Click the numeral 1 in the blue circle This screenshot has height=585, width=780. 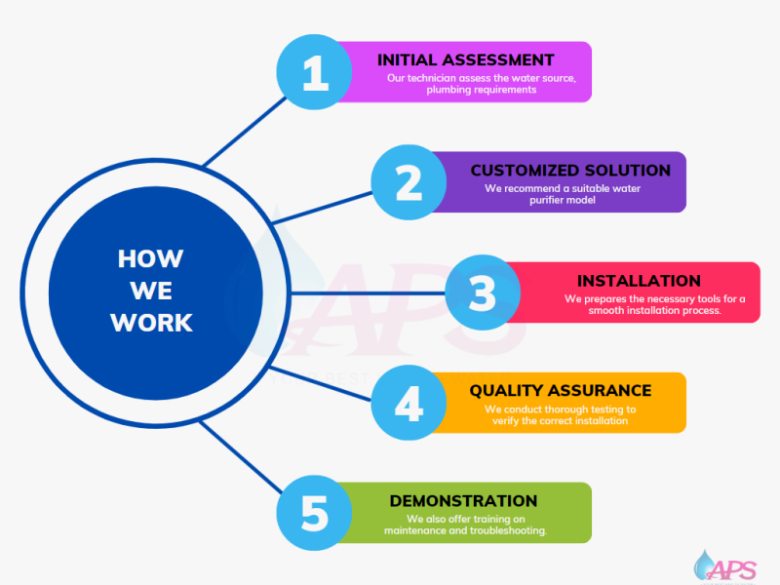click(315, 72)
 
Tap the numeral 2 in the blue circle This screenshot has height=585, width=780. click(409, 183)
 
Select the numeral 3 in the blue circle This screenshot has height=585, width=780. click(483, 293)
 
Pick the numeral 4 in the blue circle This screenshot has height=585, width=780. click(409, 404)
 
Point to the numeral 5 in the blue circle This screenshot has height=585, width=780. click(314, 514)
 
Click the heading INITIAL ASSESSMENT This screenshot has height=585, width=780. click(466, 59)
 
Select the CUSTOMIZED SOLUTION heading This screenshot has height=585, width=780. click(570, 170)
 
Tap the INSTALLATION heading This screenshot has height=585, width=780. click(639, 281)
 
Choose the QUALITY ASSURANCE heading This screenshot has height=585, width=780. click(561, 391)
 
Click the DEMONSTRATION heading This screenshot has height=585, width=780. click(464, 501)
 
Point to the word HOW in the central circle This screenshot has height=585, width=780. click(151, 258)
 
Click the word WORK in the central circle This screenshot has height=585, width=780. click(151, 323)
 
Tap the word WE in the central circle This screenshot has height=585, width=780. click(151, 291)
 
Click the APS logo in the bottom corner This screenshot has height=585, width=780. click(725, 566)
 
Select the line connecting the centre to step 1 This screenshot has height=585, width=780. click(246, 132)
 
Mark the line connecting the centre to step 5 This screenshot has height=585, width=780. click(242, 457)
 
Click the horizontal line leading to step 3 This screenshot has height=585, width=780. click(369, 293)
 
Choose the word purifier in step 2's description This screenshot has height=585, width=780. click(546, 201)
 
